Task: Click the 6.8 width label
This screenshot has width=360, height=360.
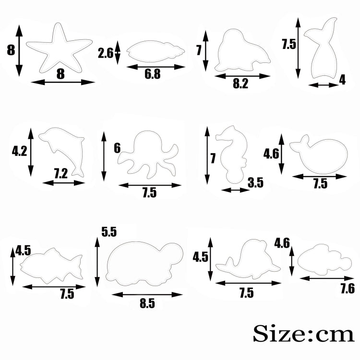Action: tap(153, 74)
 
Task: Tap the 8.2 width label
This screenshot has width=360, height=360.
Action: tap(240, 84)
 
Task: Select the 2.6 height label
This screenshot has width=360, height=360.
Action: tap(106, 53)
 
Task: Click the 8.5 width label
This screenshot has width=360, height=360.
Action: tap(147, 303)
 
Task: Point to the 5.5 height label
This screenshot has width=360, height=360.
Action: tap(109, 232)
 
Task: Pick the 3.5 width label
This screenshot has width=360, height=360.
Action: tap(255, 183)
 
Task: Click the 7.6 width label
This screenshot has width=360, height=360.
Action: tap(348, 288)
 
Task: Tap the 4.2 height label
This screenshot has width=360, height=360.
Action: tap(19, 151)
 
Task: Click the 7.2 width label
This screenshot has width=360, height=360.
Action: tap(61, 174)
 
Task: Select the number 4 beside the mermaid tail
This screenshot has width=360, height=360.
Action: tap(342, 80)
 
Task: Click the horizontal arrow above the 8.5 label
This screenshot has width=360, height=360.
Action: tap(147, 295)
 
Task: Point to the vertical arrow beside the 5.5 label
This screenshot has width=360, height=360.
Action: tap(97, 262)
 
